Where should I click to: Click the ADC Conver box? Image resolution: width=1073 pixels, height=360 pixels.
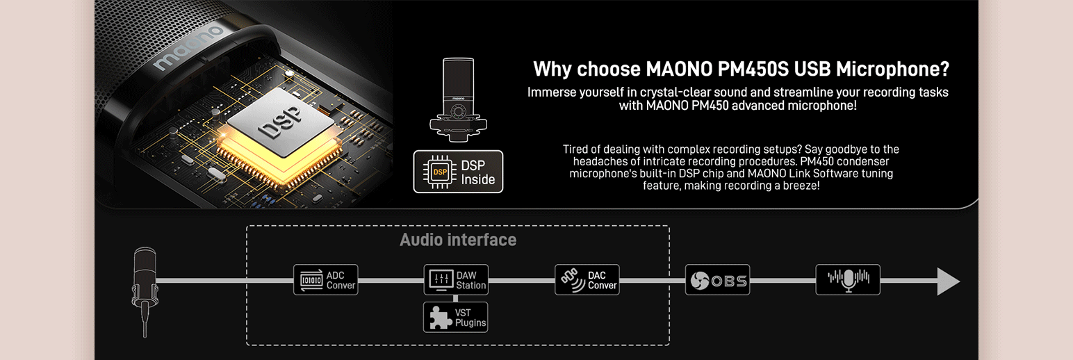click(325, 280)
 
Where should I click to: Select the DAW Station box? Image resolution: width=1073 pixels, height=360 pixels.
click(455, 280)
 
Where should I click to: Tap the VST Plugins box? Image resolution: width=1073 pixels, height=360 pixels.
click(455, 317)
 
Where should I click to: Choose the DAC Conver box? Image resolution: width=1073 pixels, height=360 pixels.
click(587, 280)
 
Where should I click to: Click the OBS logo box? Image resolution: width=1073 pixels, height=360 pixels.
click(717, 280)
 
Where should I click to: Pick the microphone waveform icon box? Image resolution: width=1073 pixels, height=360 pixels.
click(848, 280)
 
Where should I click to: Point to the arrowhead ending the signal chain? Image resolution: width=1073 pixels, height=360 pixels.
click(948, 281)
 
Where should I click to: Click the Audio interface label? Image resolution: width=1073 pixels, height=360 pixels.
click(458, 240)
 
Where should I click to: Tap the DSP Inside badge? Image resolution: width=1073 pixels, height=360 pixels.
click(458, 172)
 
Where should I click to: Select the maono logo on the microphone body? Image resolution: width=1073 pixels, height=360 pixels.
click(188, 48)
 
